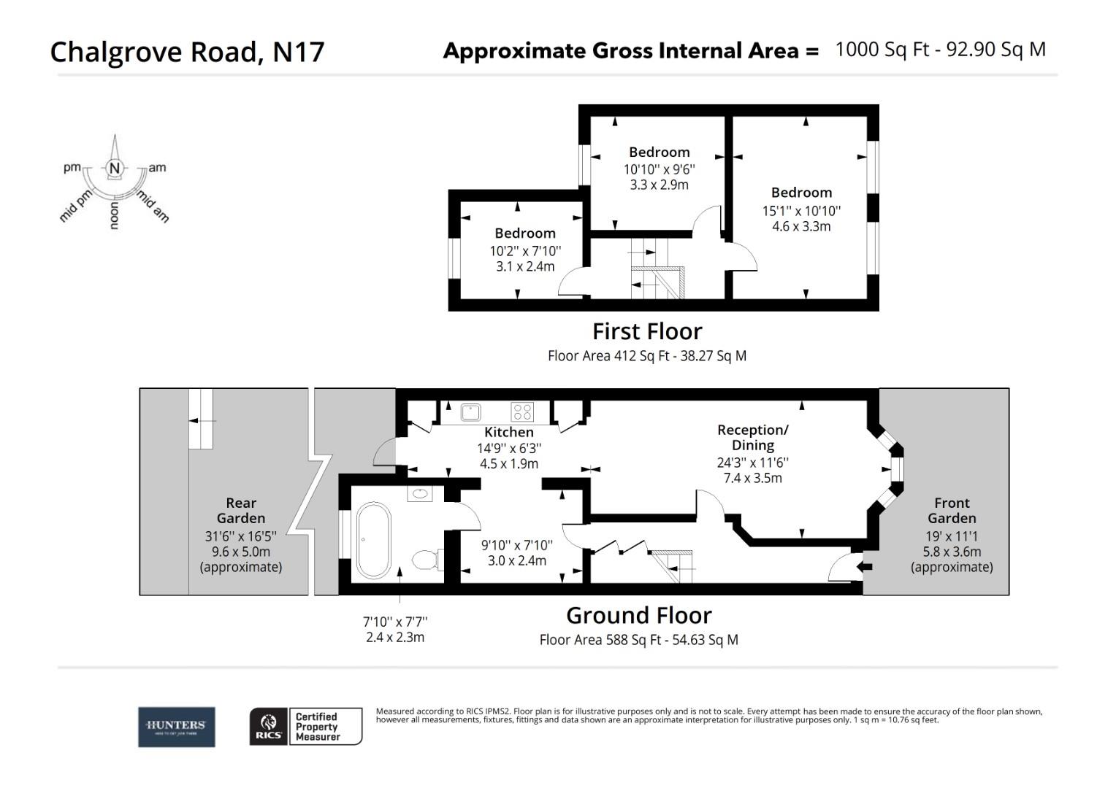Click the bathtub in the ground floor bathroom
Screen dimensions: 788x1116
pyautogui.click(x=374, y=540)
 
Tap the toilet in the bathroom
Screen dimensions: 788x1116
pyautogui.click(x=426, y=560)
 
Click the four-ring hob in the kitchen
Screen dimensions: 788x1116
pyautogui.click(x=522, y=412)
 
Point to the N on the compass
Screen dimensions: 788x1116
pyautogui.click(x=114, y=169)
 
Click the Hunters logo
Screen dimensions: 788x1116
pyautogui.click(x=177, y=727)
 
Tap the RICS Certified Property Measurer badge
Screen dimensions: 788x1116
pyautogui.click(x=306, y=727)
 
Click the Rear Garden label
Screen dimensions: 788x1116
pyautogui.click(x=241, y=511)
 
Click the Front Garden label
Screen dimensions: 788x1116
pyautogui.click(x=952, y=511)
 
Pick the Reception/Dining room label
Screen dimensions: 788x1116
pyautogui.click(x=753, y=437)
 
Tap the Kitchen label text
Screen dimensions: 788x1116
pyautogui.click(x=509, y=432)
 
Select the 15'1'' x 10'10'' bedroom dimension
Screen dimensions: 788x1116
pyautogui.click(x=802, y=211)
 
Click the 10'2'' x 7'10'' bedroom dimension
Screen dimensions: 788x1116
pyautogui.click(x=525, y=251)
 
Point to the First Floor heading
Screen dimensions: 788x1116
pyautogui.click(x=647, y=331)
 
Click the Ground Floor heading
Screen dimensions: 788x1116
pyautogui.click(x=639, y=615)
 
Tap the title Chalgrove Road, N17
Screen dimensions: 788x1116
pyautogui.click(x=187, y=52)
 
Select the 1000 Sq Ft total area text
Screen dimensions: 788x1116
pyautogui.click(x=882, y=50)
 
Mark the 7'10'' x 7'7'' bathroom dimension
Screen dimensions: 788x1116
pyautogui.click(x=395, y=622)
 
